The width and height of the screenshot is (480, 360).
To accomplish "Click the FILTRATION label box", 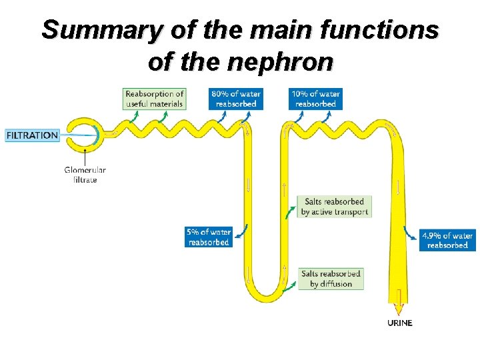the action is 32,135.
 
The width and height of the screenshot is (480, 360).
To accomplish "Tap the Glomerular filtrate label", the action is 85,175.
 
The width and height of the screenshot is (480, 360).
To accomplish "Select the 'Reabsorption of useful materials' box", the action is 154,99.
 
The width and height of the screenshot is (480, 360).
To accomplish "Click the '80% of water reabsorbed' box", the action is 236,99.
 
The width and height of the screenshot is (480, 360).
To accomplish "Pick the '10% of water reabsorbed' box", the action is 315,99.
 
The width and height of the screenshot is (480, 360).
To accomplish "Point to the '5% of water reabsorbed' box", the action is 209,237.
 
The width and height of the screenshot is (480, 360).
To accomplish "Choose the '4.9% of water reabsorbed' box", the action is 447,240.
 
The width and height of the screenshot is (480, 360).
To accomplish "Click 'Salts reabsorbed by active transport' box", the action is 334,207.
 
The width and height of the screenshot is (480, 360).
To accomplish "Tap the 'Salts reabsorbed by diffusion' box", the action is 331,279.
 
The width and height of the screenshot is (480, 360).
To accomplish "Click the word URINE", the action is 400,323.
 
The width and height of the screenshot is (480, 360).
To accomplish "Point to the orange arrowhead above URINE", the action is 398,309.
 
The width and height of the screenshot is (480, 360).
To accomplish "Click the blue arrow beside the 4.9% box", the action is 409,233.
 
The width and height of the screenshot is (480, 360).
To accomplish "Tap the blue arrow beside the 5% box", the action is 241,232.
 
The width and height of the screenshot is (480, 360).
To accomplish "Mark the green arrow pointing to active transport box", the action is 290,212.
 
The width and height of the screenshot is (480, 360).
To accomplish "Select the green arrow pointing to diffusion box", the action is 289,286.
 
